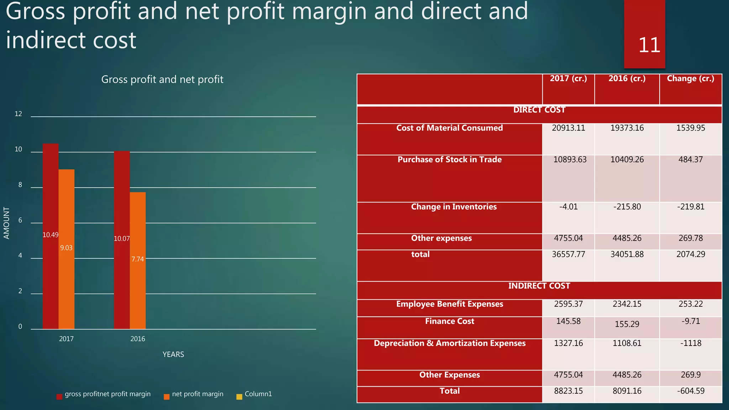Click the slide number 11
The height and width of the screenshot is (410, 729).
click(x=649, y=45)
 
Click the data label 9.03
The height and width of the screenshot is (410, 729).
click(x=66, y=248)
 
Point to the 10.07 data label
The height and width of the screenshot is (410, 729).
click(x=122, y=239)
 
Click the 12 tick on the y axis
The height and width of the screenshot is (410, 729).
click(x=18, y=114)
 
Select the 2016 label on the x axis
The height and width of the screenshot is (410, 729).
click(x=138, y=339)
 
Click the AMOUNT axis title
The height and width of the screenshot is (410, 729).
click(x=6, y=223)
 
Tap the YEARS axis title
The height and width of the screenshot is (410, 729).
click(x=173, y=354)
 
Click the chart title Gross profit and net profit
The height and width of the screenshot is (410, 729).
click(x=162, y=79)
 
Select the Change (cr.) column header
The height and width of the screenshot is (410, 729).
click(x=691, y=79)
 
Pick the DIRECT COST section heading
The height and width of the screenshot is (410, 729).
click(x=539, y=110)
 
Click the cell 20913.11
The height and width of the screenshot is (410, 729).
click(x=568, y=128)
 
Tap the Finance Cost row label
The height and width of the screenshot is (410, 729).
click(x=450, y=321)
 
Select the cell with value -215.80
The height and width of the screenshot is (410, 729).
click(x=627, y=207)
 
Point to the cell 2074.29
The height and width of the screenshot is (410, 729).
click(x=691, y=254)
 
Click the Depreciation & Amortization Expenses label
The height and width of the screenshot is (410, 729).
click(x=450, y=343)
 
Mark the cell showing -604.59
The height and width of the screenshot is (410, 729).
click(x=691, y=391)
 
